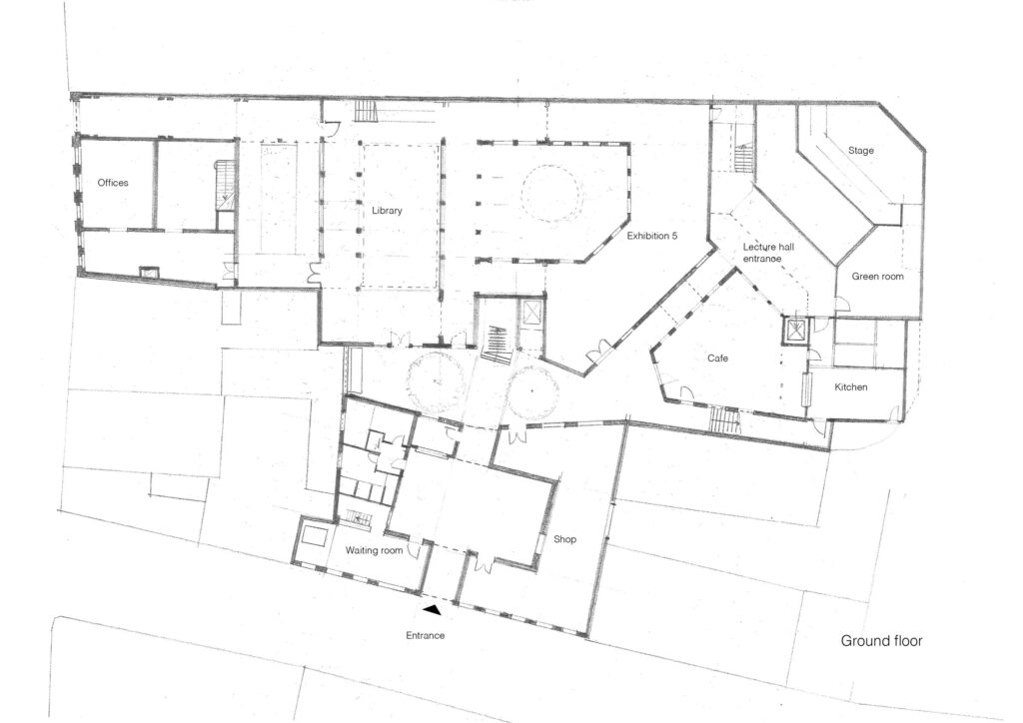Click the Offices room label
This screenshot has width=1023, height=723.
[113, 183]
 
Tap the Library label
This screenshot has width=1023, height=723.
[387, 211]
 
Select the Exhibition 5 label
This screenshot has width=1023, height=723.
[651, 236]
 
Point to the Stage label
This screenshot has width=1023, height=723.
[860, 151]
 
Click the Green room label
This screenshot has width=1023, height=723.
[877, 277]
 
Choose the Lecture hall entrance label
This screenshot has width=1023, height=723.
[768, 253]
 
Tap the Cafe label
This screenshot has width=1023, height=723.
[717, 358]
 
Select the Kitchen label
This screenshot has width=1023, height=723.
[851, 387]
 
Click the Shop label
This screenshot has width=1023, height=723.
[565, 539]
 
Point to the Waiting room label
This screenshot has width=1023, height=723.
[374, 551]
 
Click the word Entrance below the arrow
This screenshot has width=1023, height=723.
[426, 636]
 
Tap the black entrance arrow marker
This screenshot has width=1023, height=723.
[432, 610]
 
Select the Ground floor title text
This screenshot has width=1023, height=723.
[881, 641]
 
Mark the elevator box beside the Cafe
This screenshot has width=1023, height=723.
[795, 332]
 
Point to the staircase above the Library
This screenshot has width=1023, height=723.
[367, 111]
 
